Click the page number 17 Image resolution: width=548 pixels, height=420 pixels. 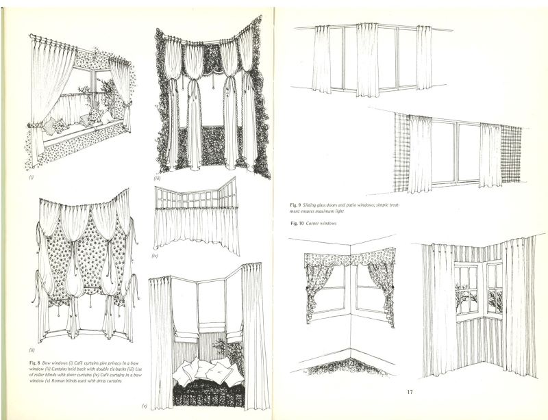pos(410,392)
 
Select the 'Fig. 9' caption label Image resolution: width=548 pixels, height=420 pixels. pos(297,205)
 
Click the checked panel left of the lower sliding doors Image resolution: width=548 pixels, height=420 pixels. pos(401,153)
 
